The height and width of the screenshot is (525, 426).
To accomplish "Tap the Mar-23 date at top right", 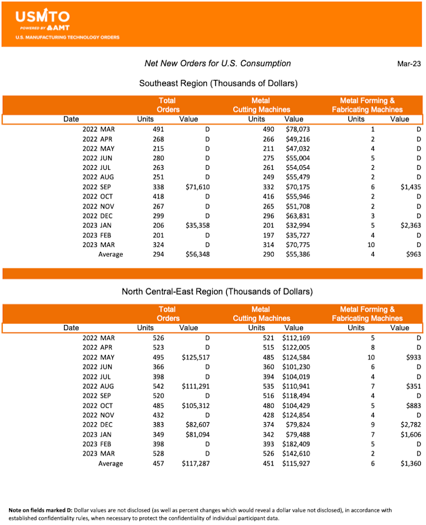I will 408,64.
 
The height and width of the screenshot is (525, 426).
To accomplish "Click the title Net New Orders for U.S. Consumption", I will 218,64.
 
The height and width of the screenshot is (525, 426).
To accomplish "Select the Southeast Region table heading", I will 218,84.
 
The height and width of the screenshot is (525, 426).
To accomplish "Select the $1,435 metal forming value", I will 409,187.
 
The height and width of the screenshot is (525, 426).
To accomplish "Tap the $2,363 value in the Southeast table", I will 409,225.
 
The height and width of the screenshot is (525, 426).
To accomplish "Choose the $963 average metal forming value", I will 413,255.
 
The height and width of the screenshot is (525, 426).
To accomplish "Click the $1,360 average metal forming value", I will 409,464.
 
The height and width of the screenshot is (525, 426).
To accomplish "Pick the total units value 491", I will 159,129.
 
